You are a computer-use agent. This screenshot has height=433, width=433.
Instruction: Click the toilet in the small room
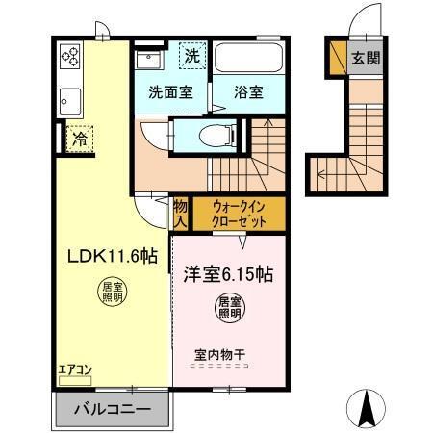pos(217,136)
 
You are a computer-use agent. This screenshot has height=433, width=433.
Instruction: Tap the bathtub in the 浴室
pos(248,58)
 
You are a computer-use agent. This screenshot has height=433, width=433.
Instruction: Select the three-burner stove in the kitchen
pos(70,57)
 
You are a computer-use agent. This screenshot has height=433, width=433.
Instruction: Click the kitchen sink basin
pos(70,101)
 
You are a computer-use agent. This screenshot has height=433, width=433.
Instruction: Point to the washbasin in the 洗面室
pos(148,59)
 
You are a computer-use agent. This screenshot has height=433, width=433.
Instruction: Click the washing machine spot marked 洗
pos(192,56)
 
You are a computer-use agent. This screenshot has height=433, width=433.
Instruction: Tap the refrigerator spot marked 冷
pos(80,139)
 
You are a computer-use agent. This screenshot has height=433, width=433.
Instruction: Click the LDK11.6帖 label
pos(113,256)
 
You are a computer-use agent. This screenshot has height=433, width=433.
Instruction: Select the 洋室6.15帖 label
pos(228,274)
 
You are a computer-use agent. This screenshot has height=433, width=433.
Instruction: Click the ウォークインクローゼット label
pos(239,214)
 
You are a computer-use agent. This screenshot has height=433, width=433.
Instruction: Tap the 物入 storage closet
pos(180,214)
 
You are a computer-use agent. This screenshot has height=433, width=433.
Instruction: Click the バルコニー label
pos(113,409)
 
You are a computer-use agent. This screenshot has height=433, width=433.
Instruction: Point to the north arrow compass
pos(366,408)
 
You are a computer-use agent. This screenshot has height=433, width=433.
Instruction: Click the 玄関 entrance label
pos(366,58)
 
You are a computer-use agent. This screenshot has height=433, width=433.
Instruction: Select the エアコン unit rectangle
pos(75,381)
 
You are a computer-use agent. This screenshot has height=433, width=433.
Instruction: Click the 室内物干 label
pos(220,354)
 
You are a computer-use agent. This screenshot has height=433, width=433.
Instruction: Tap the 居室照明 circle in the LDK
pos(113,292)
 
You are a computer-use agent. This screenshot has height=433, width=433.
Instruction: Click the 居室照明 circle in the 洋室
pos(229,308)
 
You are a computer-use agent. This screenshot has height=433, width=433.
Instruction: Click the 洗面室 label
pos(170,92)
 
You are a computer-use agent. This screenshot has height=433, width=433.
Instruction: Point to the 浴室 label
pos(248,92)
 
